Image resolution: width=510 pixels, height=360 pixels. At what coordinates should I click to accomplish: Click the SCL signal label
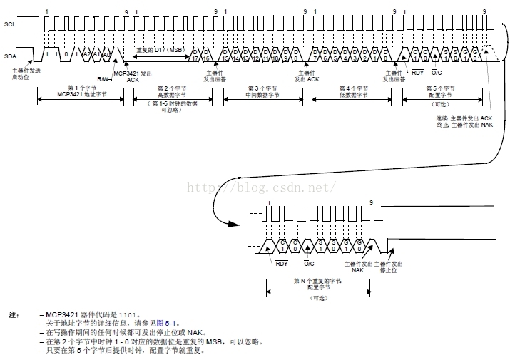pos(9,24)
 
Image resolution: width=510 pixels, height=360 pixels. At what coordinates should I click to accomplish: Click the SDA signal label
pos(9,54)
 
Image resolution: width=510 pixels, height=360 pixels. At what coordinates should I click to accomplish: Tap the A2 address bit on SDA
pos(87,55)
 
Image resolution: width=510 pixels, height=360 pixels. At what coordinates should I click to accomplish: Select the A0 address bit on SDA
pos(106,55)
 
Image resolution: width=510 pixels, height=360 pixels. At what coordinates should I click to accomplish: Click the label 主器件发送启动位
pos(22,74)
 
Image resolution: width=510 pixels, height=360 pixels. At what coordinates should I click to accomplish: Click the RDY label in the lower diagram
pos(281,263)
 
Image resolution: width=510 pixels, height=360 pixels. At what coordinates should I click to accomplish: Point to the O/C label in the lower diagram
pos(309,263)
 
